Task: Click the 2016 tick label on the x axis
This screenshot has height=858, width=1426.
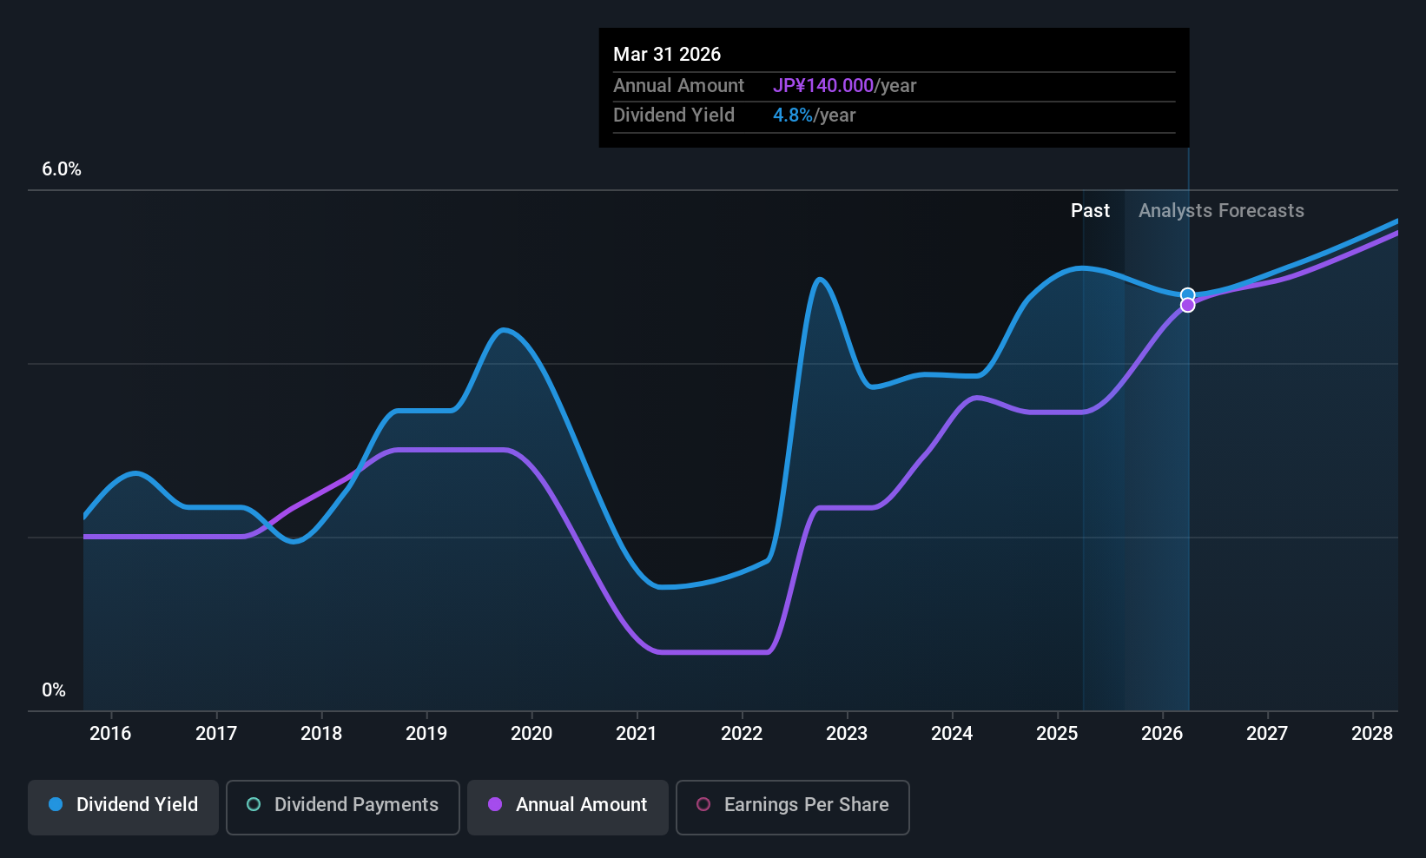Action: click(110, 733)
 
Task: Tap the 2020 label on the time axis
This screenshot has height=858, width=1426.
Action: click(531, 733)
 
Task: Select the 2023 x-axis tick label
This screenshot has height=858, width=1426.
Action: click(847, 733)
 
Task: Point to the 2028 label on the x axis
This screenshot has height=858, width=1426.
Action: click(1372, 733)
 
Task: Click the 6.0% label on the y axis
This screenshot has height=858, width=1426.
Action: click(62, 169)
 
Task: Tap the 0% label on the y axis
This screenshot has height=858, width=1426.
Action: click(54, 690)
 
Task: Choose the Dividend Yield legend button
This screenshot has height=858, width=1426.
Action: click(123, 805)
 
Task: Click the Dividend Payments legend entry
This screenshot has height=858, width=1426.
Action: click(342, 805)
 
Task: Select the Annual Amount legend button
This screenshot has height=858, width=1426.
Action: click(568, 805)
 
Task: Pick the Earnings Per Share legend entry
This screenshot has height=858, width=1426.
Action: click(792, 805)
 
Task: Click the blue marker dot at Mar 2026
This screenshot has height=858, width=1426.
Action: click(1187, 295)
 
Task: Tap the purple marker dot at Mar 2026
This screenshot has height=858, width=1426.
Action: click(1187, 306)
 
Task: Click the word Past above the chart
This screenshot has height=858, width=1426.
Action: click(1090, 211)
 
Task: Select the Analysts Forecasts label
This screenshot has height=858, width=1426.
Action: click(1221, 211)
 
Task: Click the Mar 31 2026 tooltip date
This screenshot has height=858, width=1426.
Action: click(667, 54)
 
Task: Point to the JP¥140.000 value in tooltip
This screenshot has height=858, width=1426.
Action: click(823, 85)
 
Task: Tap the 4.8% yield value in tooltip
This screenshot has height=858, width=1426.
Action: click(793, 115)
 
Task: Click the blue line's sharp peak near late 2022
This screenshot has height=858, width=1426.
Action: click(820, 279)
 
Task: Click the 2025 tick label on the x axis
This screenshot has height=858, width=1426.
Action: click(1057, 733)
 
